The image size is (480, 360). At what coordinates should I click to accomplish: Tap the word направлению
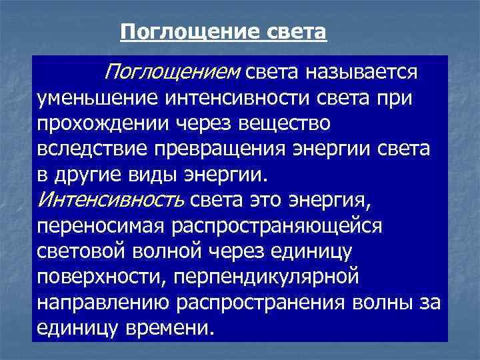point(103,302)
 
